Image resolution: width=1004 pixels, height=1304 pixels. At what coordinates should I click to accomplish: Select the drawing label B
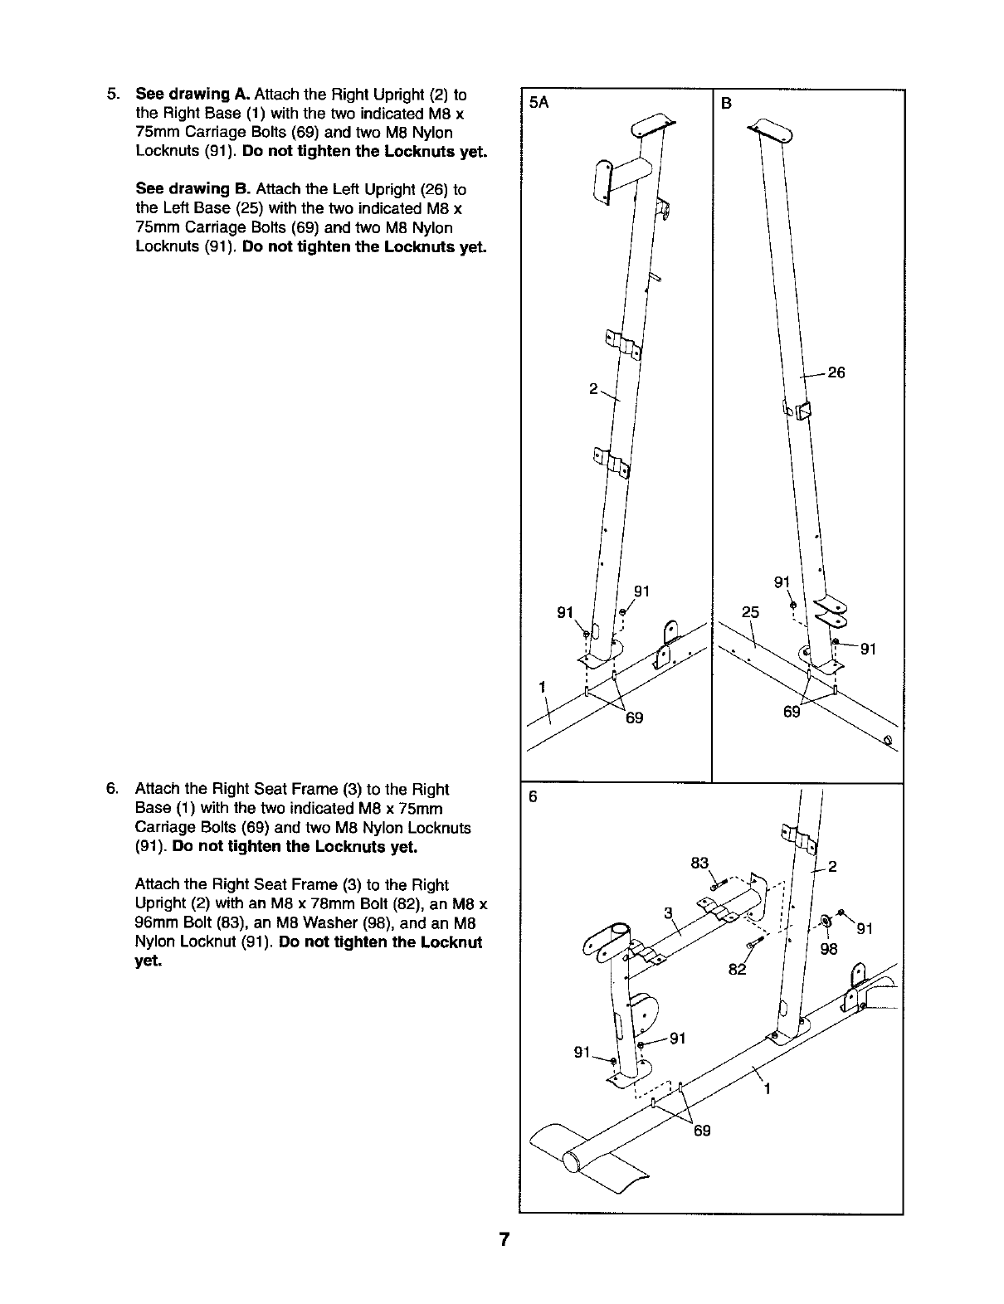(x=726, y=104)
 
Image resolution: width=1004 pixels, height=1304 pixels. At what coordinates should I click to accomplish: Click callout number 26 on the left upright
(x=836, y=373)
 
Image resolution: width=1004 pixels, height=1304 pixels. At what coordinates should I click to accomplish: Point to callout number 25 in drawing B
(x=750, y=613)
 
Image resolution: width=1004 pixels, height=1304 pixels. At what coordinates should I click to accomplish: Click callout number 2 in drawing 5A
(x=593, y=388)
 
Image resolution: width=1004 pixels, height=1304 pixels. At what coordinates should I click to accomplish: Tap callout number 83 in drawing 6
(x=699, y=863)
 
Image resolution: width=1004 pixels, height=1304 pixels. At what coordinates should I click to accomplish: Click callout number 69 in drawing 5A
(x=634, y=718)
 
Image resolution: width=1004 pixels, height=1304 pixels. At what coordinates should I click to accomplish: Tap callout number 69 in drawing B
(x=792, y=712)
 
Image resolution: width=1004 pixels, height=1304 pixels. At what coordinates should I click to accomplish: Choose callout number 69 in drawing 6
(x=702, y=1130)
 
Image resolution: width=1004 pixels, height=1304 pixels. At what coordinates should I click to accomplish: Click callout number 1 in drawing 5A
(x=542, y=687)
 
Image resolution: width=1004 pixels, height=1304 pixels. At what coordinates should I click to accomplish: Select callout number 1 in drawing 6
(x=767, y=1089)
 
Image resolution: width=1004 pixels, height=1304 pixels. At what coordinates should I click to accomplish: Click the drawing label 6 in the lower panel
(x=534, y=797)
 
